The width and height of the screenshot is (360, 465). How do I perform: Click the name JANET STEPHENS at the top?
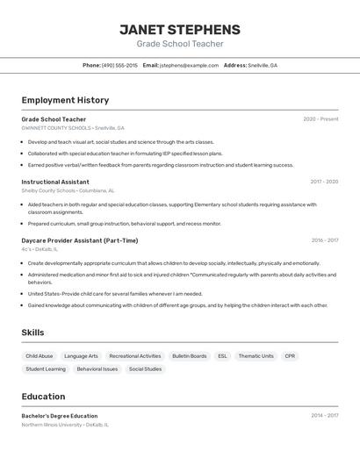pyautogui.click(x=179, y=29)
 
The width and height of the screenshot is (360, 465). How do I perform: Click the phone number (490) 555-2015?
pyautogui.click(x=119, y=65)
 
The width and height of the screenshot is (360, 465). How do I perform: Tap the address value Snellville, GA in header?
pyautogui.click(x=263, y=65)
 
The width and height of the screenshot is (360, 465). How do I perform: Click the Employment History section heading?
pyautogui.click(x=65, y=100)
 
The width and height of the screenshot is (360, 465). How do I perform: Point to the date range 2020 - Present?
pyautogui.click(x=320, y=119)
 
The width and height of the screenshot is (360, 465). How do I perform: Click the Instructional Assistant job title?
pyautogui.click(x=55, y=182)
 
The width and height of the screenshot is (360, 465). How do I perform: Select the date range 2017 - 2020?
pyautogui.click(x=324, y=182)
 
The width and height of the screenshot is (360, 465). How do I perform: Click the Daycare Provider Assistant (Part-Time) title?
pyautogui.click(x=79, y=240)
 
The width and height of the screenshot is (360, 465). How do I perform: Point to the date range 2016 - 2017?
pyautogui.click(x=325, y=240)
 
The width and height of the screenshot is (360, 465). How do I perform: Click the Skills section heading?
pyautogui.click(x=32, y=333)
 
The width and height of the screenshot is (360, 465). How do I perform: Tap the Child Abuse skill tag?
pyautogui.click(x=40, y=356)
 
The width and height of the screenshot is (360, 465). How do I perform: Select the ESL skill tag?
pyautogui.click(x=222, y=356)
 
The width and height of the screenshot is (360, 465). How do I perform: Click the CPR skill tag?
pyautogui.click(x=290, y=356)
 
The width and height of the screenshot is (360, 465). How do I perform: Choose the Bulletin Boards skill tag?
pyautogui.click(x=190, y=356)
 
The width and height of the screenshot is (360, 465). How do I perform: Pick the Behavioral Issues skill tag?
pyautogui.click(x=97, y=369)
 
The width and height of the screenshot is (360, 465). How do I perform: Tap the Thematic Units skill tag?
pyautogui.click(x=256, y=356)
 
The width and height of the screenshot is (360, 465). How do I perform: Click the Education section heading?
pyautogui.click(x=43, y=397)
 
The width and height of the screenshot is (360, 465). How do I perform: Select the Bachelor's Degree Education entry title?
pyautogui.click(x=60, y=416)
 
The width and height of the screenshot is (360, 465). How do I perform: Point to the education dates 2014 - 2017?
pyautogui.click(x=325, y=416)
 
